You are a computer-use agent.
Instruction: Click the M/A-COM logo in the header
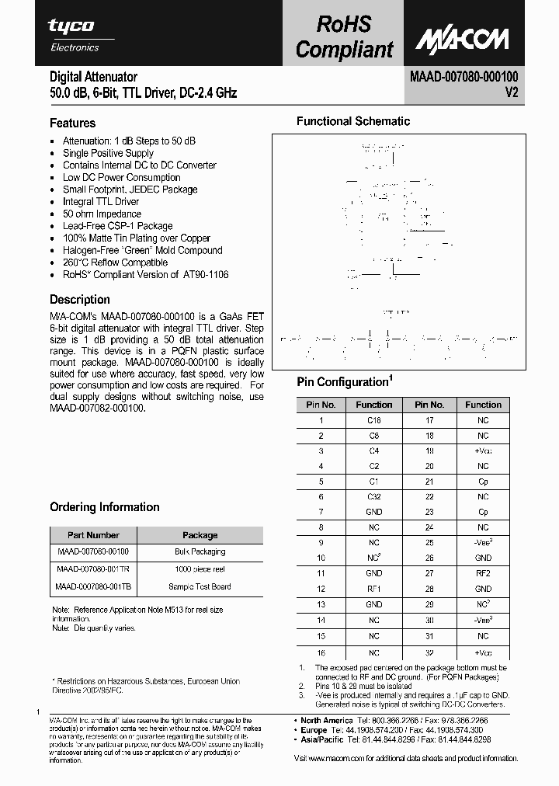(461, 38)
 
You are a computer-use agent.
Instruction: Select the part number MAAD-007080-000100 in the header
(464, 76)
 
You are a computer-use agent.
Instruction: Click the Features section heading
(72, 123)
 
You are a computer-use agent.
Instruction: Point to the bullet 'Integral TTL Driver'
(101, 202)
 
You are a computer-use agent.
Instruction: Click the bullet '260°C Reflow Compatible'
(115, 263)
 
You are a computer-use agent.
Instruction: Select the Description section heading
(80, 300)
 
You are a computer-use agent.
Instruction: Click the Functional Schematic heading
(353, 121)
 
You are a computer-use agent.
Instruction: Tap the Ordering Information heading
(105, 507)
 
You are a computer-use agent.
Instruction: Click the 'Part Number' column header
(93, 535)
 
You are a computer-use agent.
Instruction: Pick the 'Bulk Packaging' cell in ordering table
(200, 552)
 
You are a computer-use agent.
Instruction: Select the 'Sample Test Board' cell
(200, 587)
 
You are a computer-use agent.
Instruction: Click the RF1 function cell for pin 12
(374, 589)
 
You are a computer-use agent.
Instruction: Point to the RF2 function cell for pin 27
(483, 573)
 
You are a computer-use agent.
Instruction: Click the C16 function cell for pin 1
(374, 420)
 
